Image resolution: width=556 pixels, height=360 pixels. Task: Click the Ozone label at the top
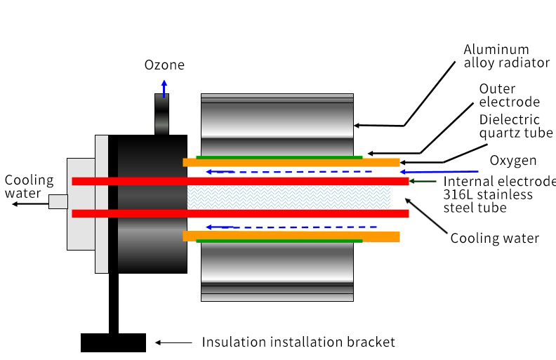click(x=164, y=65)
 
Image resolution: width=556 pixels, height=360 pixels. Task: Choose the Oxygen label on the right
click(x=513, y=161)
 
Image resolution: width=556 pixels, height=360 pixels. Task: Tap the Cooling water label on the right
click(x=494, y=239)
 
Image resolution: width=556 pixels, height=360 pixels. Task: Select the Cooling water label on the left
click(x=29, y=187)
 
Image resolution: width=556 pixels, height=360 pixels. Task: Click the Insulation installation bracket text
click(x=298, y=342)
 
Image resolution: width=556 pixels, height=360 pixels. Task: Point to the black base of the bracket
click(x=113, y=342)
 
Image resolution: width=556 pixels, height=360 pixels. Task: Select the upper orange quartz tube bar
click(x=291, y=163)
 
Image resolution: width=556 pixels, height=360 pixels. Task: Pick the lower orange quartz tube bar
click(x=291, y=236)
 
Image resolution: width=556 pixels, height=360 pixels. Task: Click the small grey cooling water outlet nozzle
click(x=58, y=202)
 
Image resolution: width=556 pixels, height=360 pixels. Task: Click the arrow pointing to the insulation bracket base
click(x=173, y=342)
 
